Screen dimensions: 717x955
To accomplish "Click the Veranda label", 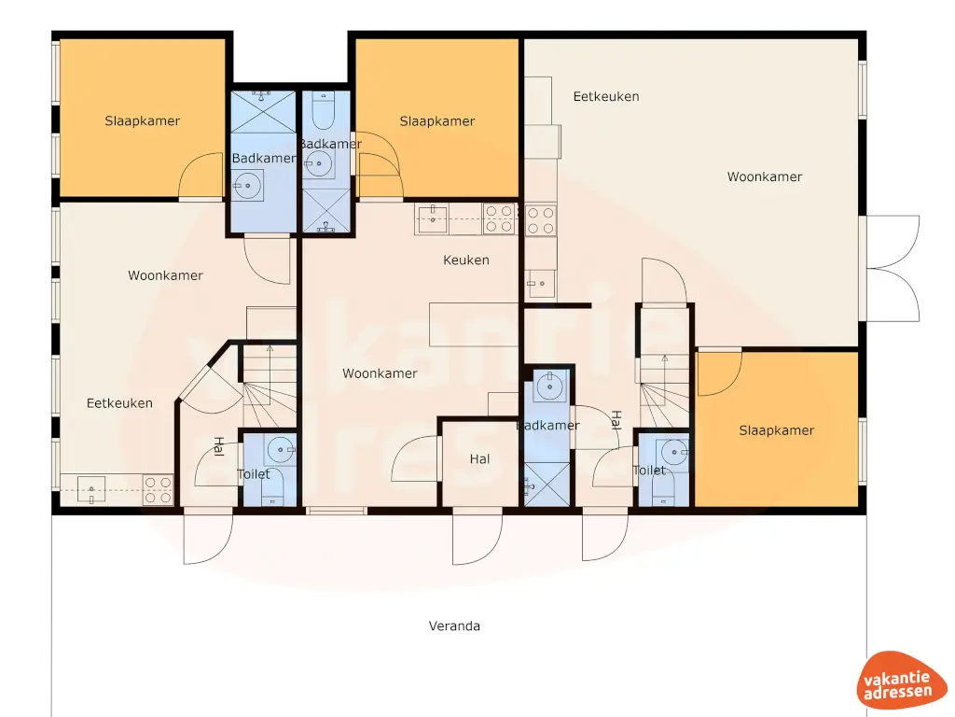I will pyautogui.click(x=454, y=626).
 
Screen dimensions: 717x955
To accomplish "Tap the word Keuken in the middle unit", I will pyautogui.click(x=466, y=260).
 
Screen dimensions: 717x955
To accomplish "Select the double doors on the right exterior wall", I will pyautogui.click(x=893, y=268).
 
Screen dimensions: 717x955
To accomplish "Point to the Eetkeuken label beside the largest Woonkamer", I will pyautogui.click(x=606, y=96).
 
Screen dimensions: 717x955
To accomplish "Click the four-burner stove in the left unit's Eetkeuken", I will pyautogui.click(x=158, y=490).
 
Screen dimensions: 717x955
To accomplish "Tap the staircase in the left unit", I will pyautogui.click(x=270, y=383).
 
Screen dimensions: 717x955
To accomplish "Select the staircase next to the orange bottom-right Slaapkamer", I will pyautogui.click(x=663, y=387).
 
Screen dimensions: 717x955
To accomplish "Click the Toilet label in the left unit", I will pyautogui.click(x=254, y=474).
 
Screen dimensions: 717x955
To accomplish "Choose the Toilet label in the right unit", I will pyautogui.click(x=649, y=471).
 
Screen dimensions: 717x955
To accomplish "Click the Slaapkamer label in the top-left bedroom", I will pyautogui.click(x=143, y=120).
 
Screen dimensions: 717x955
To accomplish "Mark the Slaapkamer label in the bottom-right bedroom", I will pyautogui.click(x=777, y=430).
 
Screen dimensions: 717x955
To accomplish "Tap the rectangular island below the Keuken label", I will pyautogui.click(x=473, y=324).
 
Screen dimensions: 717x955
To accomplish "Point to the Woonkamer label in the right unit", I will pyautogui.click(x=765, y=176).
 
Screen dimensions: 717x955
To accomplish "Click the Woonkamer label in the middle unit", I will pyautogui.click(x=380, y=373).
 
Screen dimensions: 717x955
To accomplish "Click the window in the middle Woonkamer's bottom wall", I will pyautogui.click(x=337, y=510).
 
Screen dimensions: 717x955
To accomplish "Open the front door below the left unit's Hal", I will pyautogui.click(x=207, y=537).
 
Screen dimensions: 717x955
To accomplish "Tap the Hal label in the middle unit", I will pyautogui.click(x=480, y=459).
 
